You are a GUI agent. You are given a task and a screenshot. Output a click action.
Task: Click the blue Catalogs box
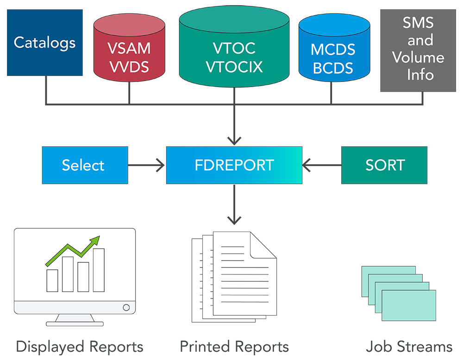pyautogui.click(x=44, y=43)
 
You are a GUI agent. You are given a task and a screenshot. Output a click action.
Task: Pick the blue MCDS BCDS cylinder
pyautogui.click(x=333, y=53)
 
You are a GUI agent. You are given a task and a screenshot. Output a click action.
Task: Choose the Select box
pyautogui.click(x=85, y=165)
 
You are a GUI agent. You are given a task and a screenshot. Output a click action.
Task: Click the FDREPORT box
pyautogui.click(x=234, y=165)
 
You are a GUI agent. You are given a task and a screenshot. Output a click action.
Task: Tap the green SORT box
pyautogui.click(x=384, y=165)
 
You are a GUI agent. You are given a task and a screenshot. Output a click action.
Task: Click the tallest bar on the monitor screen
pyautogui.click(x=99, y=270)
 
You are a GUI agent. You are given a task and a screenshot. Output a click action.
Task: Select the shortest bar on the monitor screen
pyautogui.click(x=52, y=280)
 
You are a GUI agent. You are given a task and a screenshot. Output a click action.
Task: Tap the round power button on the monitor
pyautogui.click(x=126, y=307)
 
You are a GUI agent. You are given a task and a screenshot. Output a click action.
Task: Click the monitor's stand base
pyautogui.click(x=75, y=324)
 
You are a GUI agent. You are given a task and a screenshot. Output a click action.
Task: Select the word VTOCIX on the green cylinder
pyautogui.click(x=234, y=66)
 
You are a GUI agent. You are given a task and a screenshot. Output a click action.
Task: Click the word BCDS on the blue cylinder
pyautogui.click(x=333, y=67)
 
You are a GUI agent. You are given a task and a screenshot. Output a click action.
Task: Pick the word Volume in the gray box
pyautogui.click(x=418, y=57)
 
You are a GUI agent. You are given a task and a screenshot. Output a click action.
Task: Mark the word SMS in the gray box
pyautogui.click(x=419, y=23)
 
